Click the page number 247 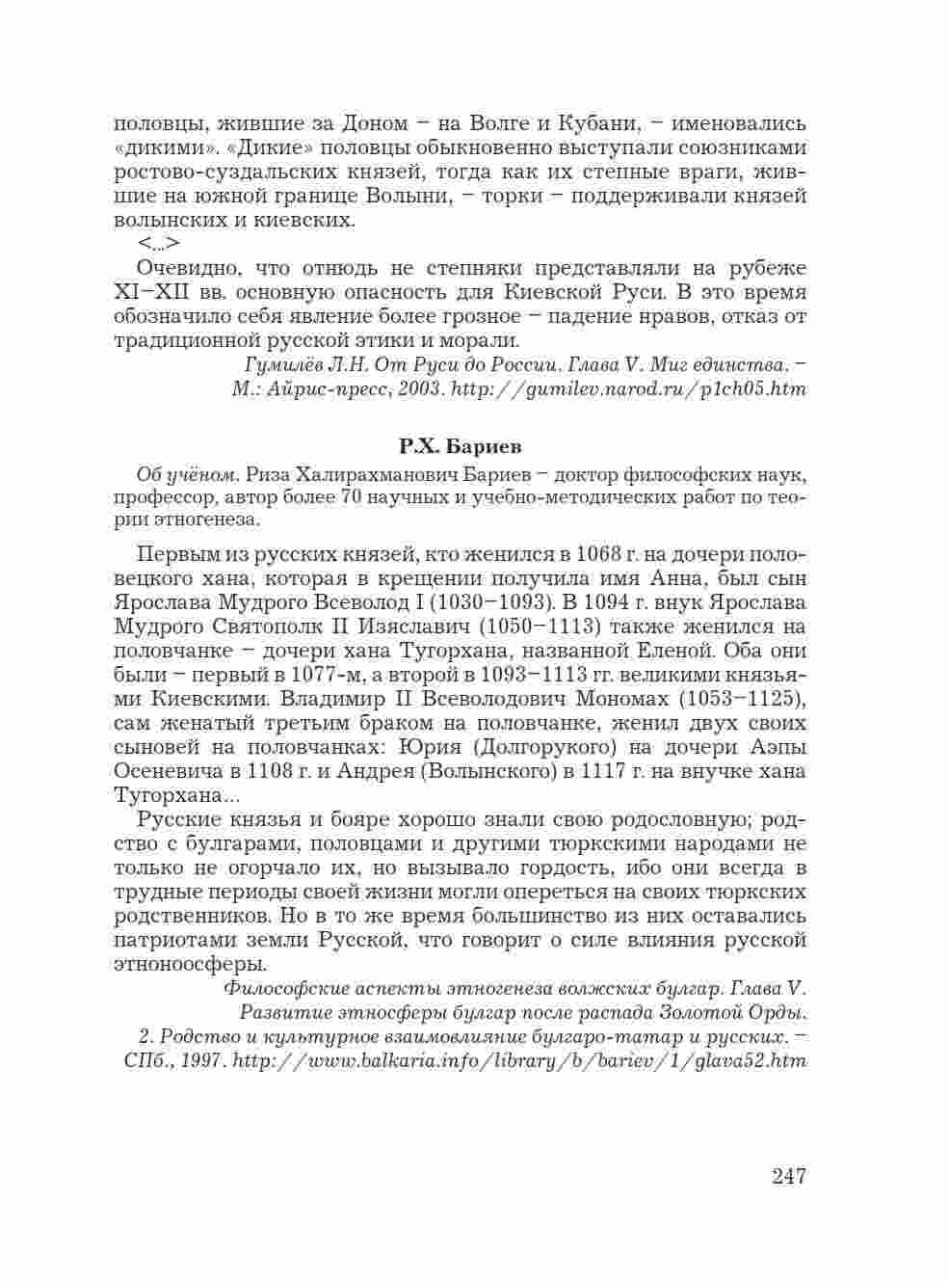pyautogui.click(x=788, y=1176)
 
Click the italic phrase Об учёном pyautogui.click(x=188, y=474)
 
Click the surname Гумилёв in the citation pyautogui.click(x=282, y=365)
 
